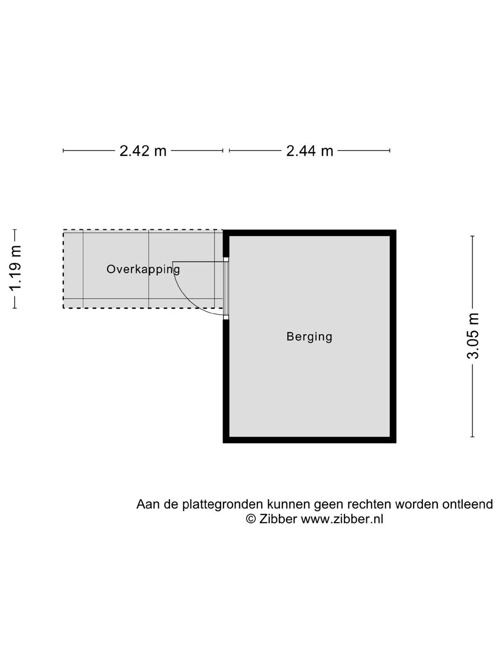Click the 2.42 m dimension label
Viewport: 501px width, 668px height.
click(143, 151)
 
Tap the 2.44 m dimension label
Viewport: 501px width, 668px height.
click(309, 151)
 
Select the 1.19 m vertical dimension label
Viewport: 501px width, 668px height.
click(15, 268)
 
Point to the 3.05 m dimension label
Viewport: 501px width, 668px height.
click(473, 336)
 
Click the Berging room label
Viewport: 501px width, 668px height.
click(309, 336)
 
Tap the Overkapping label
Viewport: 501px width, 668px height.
click(143, 269)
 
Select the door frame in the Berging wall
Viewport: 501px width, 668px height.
click(226, 288)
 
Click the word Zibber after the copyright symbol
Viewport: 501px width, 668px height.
click(278, 519)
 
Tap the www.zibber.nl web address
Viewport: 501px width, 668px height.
click(342, 519)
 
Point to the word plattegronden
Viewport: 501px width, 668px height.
click(223, 504)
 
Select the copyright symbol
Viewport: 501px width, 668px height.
click(251, 519)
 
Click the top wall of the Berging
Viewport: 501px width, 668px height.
click(309, 233)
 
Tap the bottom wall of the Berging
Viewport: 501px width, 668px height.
click(309, 440)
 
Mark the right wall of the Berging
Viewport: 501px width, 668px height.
click(393, 336)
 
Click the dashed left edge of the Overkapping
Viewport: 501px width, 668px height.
click(64, 269)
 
